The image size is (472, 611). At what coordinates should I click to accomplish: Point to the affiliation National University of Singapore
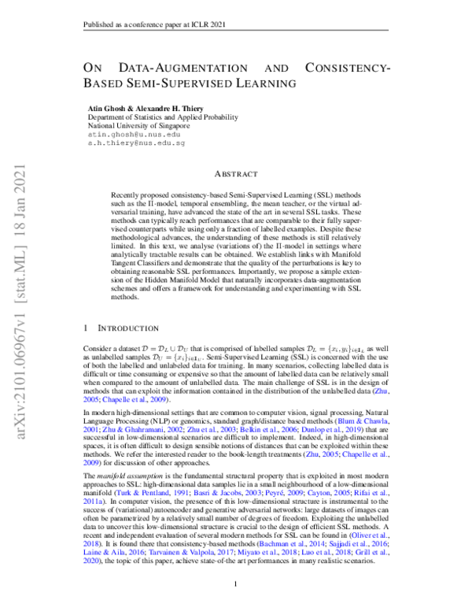tap(138, 125)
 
